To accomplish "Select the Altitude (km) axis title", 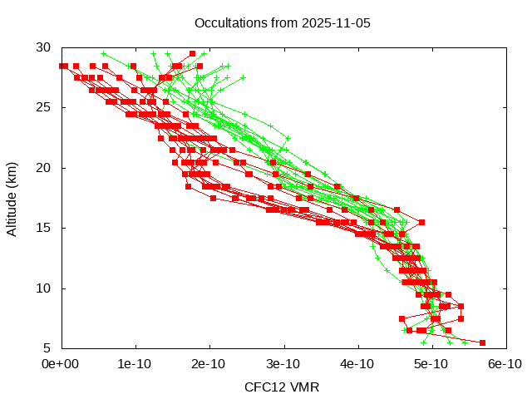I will [x=12, y=198].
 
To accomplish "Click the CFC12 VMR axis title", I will [x=282, y=387].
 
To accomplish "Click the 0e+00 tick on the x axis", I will [x=60, y=364].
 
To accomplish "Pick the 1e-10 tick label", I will [x=135, y=364].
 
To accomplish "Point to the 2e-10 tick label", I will [x=209, y=364].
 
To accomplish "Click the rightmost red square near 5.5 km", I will [x=482, y=342].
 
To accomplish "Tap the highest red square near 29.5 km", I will [x=192, y=53].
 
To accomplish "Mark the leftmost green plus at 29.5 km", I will [x=103, y=53].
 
